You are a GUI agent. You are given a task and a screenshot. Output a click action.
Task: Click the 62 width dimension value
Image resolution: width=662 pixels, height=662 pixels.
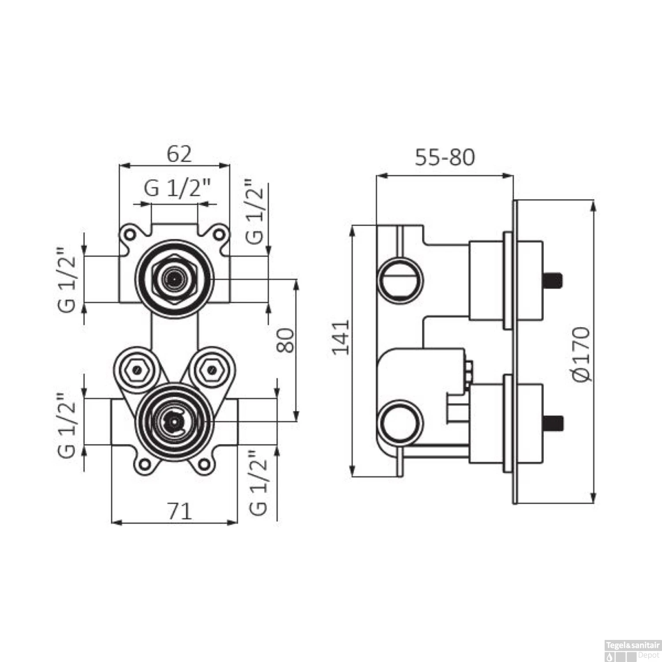click(x=179, y=154)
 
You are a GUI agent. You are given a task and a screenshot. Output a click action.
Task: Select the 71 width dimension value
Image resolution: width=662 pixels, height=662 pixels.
click(x=180, y=512)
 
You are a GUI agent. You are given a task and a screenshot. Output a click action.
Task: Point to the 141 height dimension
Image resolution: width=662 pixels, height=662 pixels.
click(x=341, y=337)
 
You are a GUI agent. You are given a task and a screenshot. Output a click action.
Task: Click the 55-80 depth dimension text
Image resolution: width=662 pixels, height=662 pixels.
click(x=444, y=158)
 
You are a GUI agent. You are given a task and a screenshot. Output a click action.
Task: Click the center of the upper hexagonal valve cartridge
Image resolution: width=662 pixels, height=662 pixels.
click(x=174, y=279)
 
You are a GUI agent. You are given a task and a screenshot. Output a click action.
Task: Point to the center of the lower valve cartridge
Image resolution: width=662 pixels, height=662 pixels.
click(x=175, y=422)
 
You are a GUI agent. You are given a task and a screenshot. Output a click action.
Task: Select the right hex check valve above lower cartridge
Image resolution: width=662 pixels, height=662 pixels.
click(x=212, y=369)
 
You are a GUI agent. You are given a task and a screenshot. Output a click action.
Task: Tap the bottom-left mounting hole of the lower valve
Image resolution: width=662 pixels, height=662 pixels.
click(x=144, y=463)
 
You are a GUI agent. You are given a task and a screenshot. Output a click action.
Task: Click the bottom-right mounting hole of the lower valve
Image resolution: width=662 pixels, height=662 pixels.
click(x=204, y=463)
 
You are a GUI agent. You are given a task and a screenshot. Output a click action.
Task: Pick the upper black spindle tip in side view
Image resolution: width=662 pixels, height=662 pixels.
click(x=553, y=280)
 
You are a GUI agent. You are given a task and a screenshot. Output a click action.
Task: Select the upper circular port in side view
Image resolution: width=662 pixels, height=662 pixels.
click(x=400, y=281)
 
